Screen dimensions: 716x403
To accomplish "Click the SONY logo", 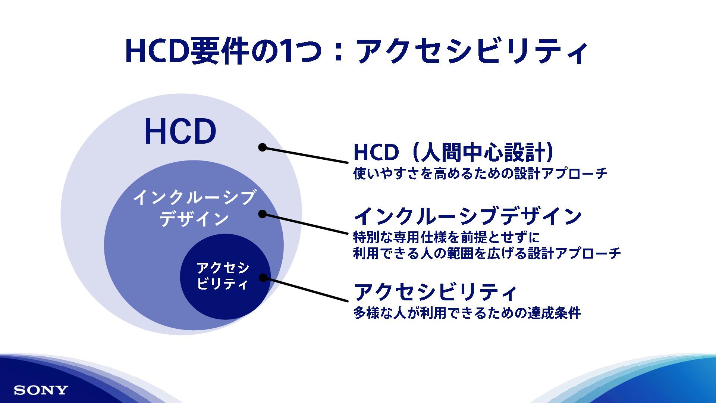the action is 41,390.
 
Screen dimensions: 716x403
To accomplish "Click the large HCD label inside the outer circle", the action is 180,132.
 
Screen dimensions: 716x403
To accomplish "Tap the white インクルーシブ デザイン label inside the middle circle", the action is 194,208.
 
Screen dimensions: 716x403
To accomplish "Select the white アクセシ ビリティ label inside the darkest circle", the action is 223,275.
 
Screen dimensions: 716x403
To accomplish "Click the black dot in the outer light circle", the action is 263,147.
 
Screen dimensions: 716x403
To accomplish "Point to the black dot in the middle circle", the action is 263,214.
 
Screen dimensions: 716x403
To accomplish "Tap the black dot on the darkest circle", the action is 263,278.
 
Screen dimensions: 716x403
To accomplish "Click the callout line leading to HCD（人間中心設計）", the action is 306,155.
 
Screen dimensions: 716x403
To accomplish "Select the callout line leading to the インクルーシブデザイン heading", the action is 306,224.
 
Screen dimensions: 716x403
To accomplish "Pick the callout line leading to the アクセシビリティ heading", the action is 306,290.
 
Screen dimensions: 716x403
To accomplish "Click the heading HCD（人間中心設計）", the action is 453,152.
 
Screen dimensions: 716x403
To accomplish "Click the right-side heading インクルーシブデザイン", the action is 468,216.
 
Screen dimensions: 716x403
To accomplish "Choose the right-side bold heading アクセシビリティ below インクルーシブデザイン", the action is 435,292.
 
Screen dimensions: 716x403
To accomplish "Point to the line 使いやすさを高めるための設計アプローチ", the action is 480,174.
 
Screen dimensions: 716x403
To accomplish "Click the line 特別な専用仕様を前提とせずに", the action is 446,237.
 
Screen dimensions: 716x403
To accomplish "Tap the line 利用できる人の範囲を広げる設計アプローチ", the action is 487,253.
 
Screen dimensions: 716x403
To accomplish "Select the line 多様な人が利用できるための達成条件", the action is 467,313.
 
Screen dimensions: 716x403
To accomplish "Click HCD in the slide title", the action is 156,51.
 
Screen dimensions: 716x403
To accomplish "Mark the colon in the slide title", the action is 339,52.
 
